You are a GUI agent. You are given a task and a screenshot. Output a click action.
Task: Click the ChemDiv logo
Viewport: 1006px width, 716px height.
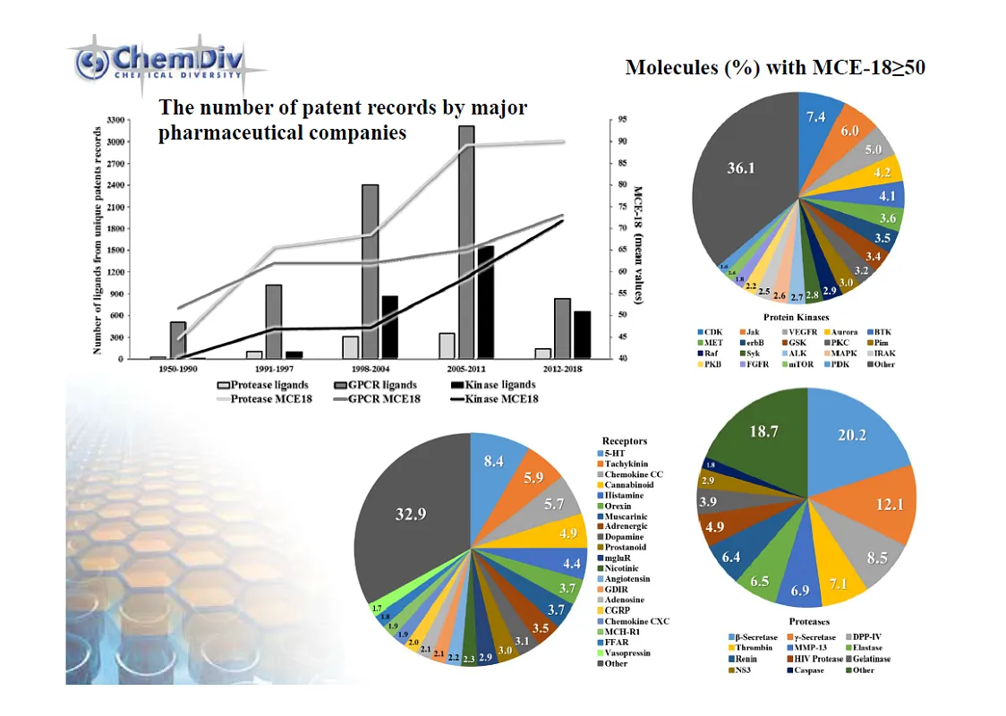click(166, 65)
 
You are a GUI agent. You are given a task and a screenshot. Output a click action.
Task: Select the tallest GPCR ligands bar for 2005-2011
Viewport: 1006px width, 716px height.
click(465, 242)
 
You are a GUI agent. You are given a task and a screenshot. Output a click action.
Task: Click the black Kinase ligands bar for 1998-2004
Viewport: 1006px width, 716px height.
click(390, 327)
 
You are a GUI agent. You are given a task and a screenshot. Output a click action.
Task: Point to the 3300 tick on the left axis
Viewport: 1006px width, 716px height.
click(115, 119)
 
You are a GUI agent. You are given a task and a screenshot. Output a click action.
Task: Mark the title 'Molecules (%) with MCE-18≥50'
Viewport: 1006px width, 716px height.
click(775, 69)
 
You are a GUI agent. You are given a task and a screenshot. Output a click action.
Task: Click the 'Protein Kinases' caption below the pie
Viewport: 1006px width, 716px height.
click(796, 318)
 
